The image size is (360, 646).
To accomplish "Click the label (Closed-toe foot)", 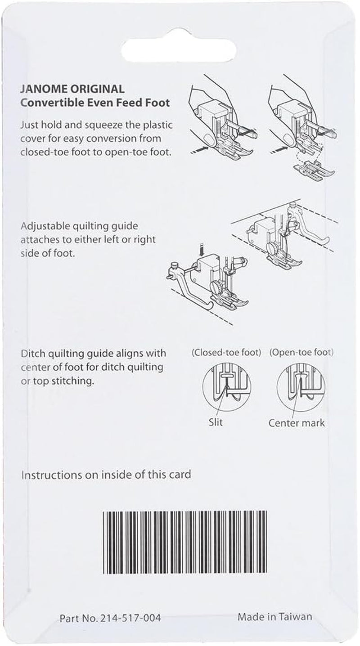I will [226, 353].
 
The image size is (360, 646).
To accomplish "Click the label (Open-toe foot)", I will [305, 353].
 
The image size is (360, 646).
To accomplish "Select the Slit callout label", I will [216, 422].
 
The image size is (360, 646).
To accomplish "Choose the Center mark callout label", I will [296, 423].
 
